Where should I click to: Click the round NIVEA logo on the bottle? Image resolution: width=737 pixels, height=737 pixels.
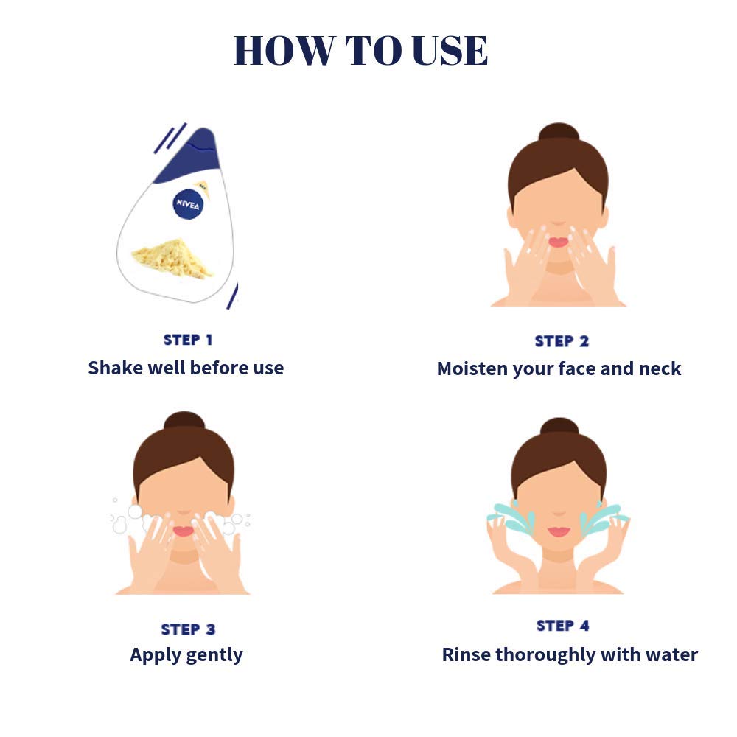186,203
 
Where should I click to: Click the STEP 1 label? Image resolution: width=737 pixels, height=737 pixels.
187,340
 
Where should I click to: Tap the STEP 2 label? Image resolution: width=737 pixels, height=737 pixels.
562,341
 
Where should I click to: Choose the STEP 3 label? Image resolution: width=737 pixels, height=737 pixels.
188,629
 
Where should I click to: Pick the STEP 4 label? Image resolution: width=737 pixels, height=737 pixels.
563,626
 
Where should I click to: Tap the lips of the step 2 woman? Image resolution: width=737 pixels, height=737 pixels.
558,242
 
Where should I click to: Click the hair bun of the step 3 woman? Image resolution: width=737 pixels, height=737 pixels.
184,422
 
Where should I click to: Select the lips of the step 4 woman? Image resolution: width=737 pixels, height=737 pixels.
559,531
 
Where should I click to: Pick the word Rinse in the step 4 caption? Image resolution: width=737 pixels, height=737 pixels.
466,654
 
